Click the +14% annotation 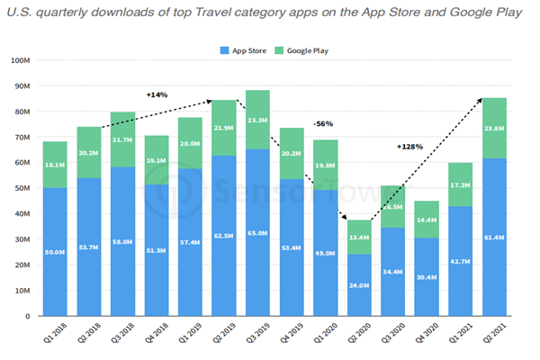click(157, 94)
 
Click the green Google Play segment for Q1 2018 click(55, 165)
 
